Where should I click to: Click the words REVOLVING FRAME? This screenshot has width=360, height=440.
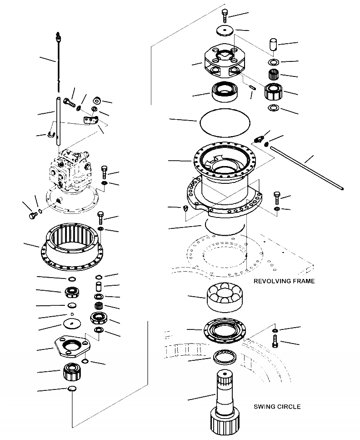point(285,281)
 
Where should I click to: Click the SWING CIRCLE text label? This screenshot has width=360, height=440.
point(277,406)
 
